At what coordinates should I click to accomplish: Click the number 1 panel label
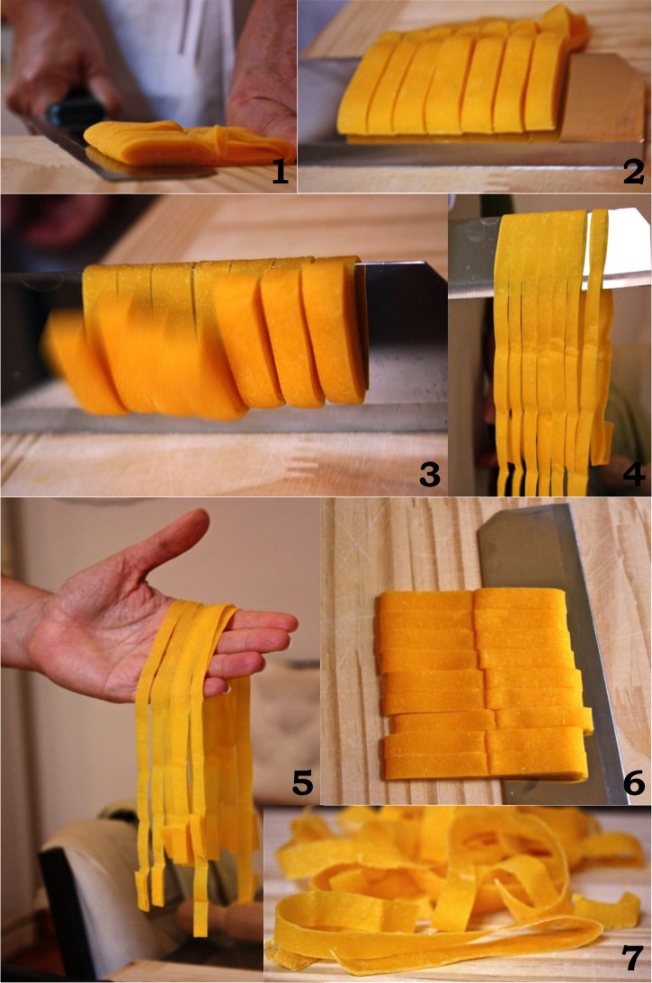(280, 170)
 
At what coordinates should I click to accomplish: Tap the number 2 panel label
(633, 171)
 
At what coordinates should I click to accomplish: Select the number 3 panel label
(430, 475)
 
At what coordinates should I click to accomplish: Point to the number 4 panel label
(633, 475)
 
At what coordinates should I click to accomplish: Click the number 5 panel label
(302, 783)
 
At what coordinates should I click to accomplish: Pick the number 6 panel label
(634, 783)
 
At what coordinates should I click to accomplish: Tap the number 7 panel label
(632, 959)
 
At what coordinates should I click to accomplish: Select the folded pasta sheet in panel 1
(188, 142)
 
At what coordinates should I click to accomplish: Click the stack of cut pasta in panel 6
(484, 684)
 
